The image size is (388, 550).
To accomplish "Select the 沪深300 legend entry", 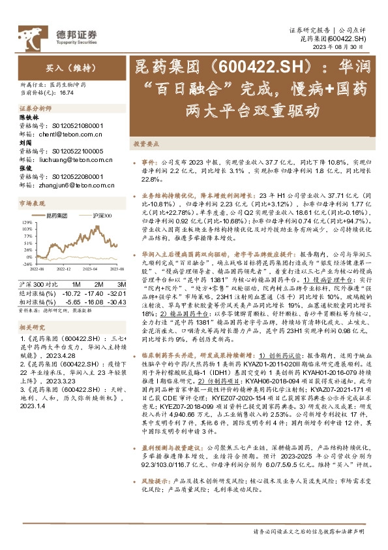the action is click(102, 214).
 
